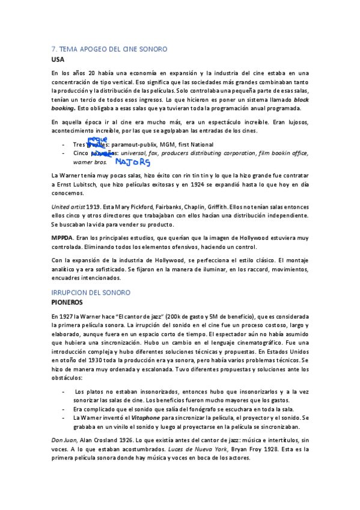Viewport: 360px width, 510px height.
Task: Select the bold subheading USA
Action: click(57, 60)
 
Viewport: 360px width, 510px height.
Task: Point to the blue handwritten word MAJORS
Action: click(133, 162)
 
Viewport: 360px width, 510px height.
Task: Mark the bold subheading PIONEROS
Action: click(71, 302)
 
